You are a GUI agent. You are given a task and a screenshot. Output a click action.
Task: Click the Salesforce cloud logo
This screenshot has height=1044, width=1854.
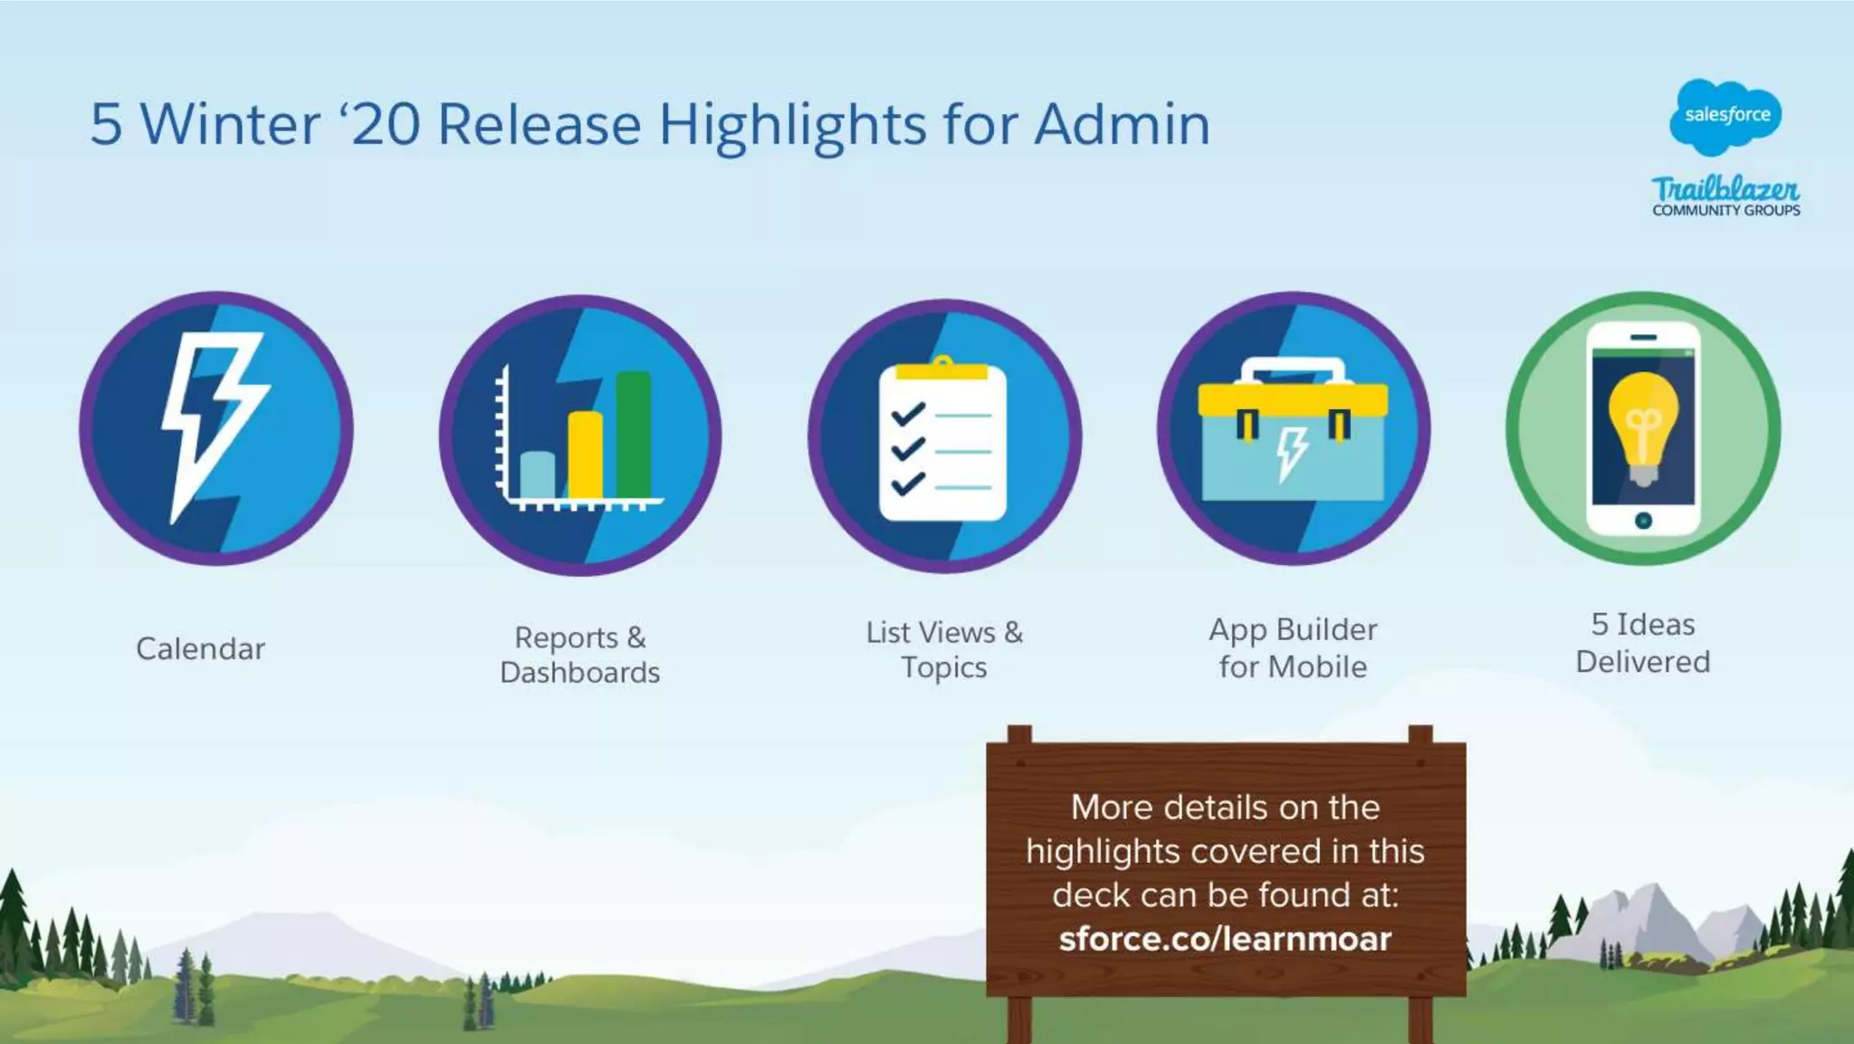tap(1725, 116)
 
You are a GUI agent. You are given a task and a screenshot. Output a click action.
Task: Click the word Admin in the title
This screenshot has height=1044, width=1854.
tap(1122, 124)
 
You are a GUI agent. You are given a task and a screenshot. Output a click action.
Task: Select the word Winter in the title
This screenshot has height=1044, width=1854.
tap(230, 124)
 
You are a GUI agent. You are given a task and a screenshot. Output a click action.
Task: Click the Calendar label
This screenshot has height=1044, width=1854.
tap(200, 648)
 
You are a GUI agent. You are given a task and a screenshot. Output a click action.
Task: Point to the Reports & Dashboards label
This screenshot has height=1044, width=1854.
tap(579, 655)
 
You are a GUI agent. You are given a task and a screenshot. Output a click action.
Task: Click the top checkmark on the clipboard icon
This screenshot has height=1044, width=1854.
tap(907, 415)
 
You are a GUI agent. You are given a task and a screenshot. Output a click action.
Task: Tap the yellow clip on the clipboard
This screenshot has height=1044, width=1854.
tap(941, 369)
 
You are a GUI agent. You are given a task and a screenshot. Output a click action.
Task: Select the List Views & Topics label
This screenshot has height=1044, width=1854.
tap(943, 649)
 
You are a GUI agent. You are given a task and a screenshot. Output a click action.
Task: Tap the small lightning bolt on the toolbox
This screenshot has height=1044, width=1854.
tap(1292, 453)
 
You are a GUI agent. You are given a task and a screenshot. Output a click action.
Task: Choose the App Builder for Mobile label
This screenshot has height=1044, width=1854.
tap(1293, 647)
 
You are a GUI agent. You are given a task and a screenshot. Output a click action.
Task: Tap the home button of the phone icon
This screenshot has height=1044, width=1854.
tap(1643, 521)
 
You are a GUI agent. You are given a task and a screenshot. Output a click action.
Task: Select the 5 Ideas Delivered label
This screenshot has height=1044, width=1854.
tap(1642, 643)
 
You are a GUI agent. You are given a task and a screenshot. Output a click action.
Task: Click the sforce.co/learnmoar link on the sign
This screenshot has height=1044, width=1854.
tap(1225, 939)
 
